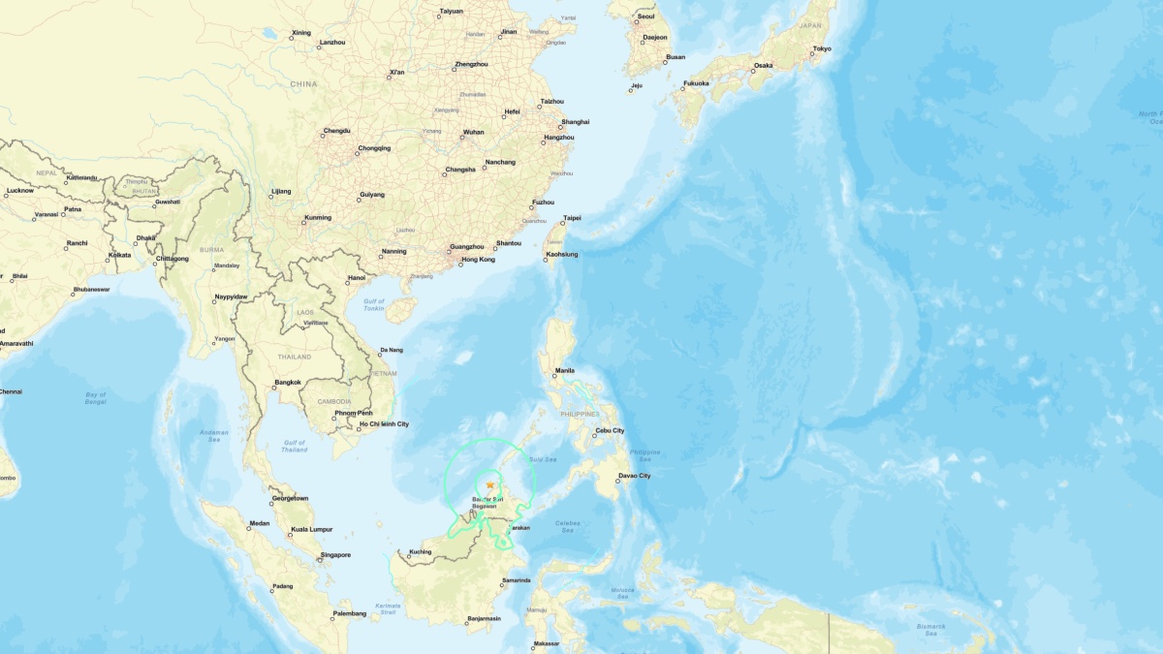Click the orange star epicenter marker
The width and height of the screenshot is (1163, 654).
[490, 485]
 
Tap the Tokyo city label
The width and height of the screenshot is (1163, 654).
[821, 48]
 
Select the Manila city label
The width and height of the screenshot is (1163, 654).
[564, 370]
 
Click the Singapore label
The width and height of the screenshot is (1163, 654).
[334, 555]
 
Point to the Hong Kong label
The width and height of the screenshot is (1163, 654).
[478, 260]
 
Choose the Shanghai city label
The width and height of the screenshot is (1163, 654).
[575, 122]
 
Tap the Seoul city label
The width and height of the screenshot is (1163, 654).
[646, 16]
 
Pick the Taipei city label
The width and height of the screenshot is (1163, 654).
[573, 218]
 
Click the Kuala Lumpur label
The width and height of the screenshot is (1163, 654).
[311, 529]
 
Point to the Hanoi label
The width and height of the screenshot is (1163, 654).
[356, 278]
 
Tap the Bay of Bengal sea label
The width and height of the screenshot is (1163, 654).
[95, 397]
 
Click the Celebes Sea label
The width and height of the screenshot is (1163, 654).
[568, 527]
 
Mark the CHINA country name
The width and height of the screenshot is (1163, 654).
[303, 84]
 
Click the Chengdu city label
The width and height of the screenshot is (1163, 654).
[336, 131]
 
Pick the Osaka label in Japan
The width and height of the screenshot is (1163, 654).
[763, 66]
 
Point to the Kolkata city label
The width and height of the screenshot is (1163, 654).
[119, 255]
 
